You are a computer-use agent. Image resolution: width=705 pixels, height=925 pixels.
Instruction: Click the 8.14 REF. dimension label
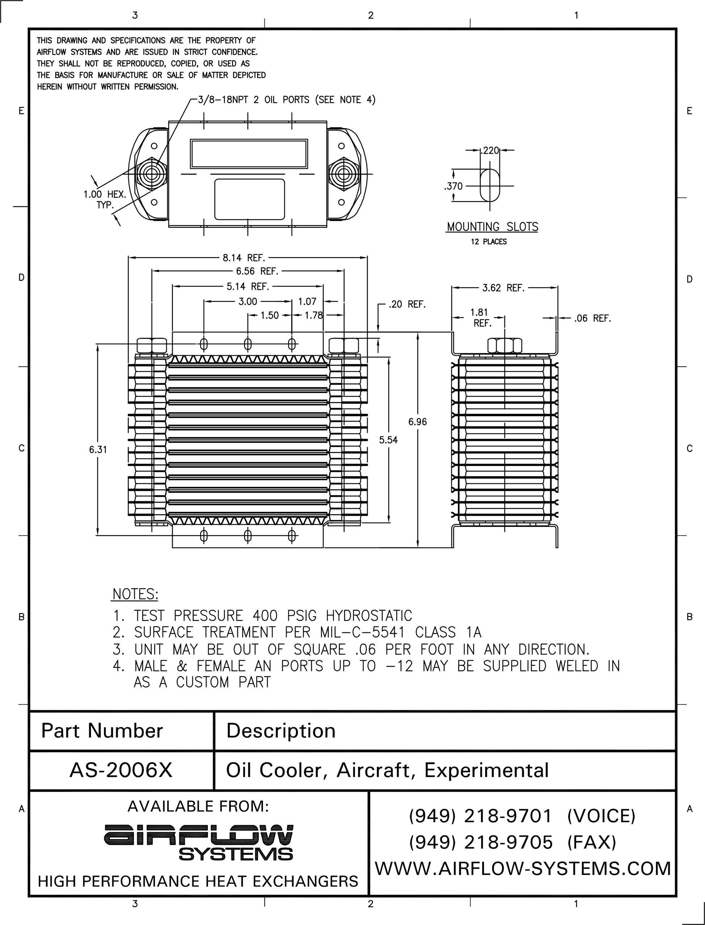click(244, 258)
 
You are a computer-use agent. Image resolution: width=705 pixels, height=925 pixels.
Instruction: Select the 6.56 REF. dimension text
click(257, 271)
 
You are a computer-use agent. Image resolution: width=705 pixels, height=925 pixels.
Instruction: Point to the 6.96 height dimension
click(418, 422)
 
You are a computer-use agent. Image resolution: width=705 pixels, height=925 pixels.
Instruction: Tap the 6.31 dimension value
click(98, 450)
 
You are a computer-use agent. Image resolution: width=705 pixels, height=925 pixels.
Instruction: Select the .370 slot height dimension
click(453, 186)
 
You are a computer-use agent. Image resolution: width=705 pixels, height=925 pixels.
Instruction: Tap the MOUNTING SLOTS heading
click(492, 227)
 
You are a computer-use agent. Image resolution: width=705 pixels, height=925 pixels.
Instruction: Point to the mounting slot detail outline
click(490, 185)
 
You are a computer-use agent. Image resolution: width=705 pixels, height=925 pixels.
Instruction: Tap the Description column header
click(281, 731)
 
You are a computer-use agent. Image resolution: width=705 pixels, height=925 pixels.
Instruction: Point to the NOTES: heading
click(135, 594)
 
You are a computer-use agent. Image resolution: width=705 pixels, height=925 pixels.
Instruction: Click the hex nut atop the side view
click(504, 346)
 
